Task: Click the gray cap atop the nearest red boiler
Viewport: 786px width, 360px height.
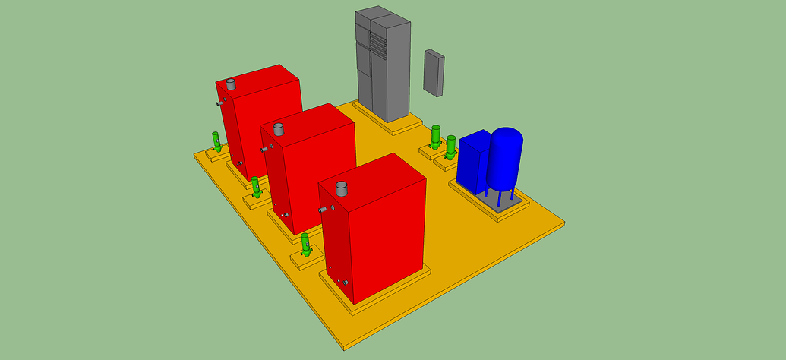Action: coord(342,188)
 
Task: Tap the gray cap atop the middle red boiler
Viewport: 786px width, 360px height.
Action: coord(278,129)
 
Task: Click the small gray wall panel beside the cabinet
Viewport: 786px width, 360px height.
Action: coord(434,73)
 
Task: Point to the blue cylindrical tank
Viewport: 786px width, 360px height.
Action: coord(505,159)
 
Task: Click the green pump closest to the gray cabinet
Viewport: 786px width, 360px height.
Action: coord(436,137)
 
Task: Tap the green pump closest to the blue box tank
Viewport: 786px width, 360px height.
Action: coord(451,146)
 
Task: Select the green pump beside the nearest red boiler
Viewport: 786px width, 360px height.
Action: coord(305,244)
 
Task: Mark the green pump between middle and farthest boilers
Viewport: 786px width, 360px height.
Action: coord(256,187)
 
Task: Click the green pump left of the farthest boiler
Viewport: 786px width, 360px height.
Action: coord(216,141)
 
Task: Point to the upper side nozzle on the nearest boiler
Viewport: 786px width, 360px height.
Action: coord(324,209)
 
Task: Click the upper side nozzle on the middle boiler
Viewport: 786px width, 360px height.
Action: coord(264,149)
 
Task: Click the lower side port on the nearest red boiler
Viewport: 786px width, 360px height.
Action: coord(346,283)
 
